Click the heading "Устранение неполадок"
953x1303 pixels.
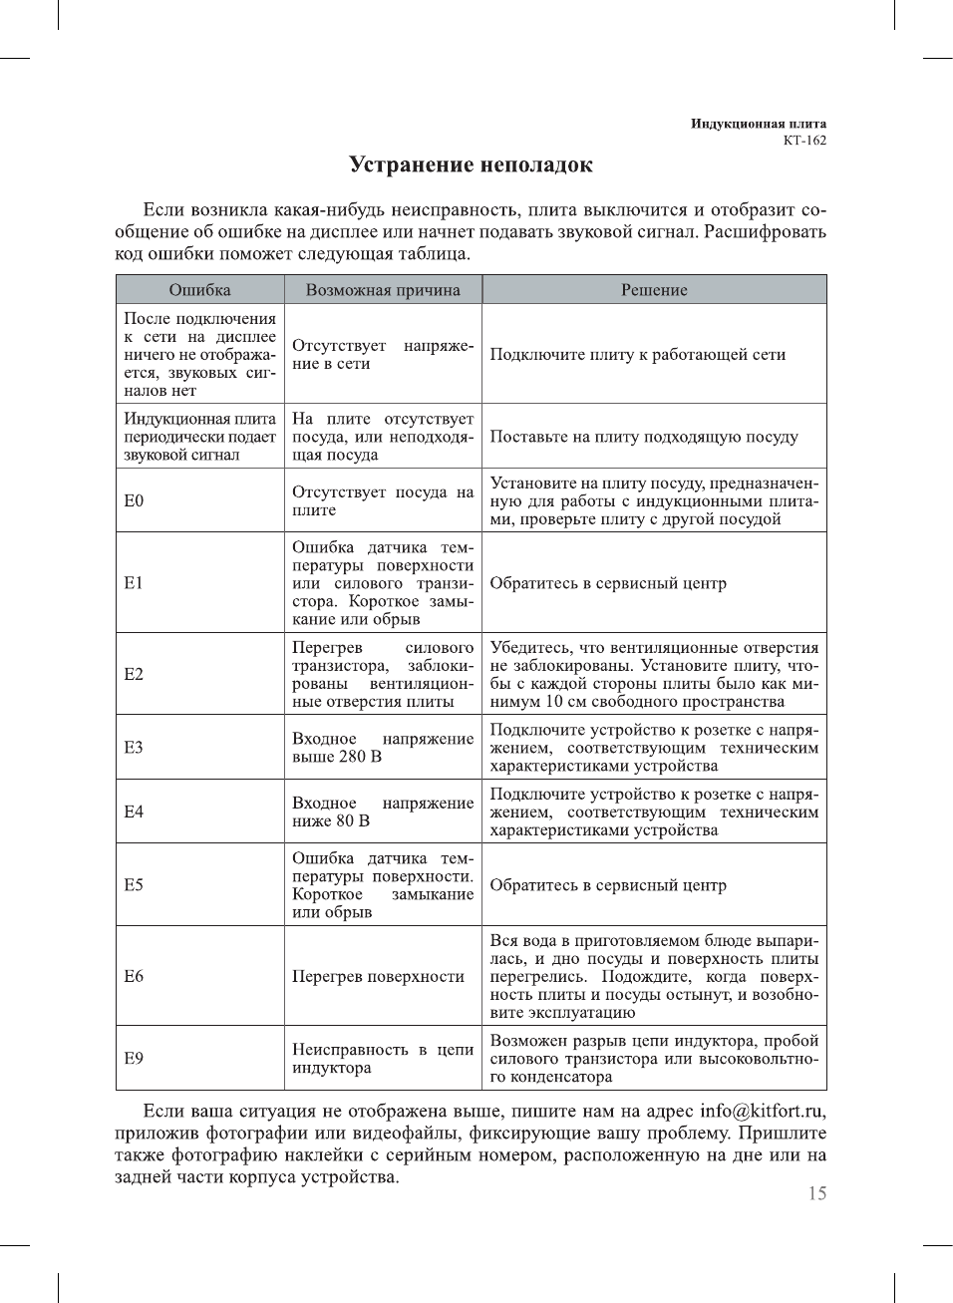(x=471, y=165)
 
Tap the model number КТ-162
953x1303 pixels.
(x=804, y=141)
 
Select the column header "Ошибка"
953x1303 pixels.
(x=199, y=290)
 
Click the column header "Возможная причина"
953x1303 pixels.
(x=383, y=290)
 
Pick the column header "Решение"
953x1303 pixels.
(x=654, y=290)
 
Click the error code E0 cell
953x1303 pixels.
(x=134, y=500)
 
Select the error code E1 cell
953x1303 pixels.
(x=134, y=583)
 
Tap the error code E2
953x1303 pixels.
(x=134, y=674)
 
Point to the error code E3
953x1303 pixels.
(x=134, y=748)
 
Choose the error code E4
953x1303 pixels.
(x=134, y=812)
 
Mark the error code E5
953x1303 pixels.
(x=134, y=885)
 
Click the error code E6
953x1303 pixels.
(x=134, y=976)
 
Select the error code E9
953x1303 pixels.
(x=134, y=1058)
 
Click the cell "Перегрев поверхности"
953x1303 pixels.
(x=378, y=977)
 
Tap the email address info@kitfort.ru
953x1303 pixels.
(x=762, y=1112)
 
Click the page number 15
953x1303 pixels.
(x=816, y=1194)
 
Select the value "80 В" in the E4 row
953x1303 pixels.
(x=352, y=820)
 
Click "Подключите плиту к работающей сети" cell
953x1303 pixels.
(x=637, y=355)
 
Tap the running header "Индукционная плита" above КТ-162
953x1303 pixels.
(x=758, y=124)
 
